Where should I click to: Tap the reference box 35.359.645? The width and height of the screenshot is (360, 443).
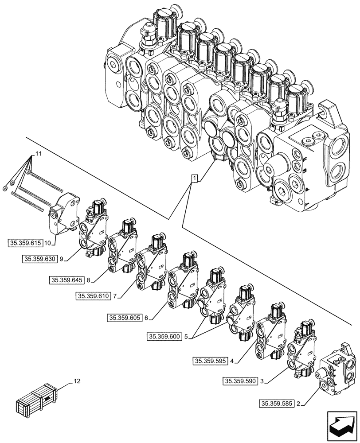pos(67,280)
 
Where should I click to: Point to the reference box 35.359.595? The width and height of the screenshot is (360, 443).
pos(211,361)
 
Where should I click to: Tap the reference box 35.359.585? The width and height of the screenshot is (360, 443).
pos(276,403)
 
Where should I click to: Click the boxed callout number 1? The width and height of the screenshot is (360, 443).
pos(194,179)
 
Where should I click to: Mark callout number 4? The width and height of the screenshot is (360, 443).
pos(232,361)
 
